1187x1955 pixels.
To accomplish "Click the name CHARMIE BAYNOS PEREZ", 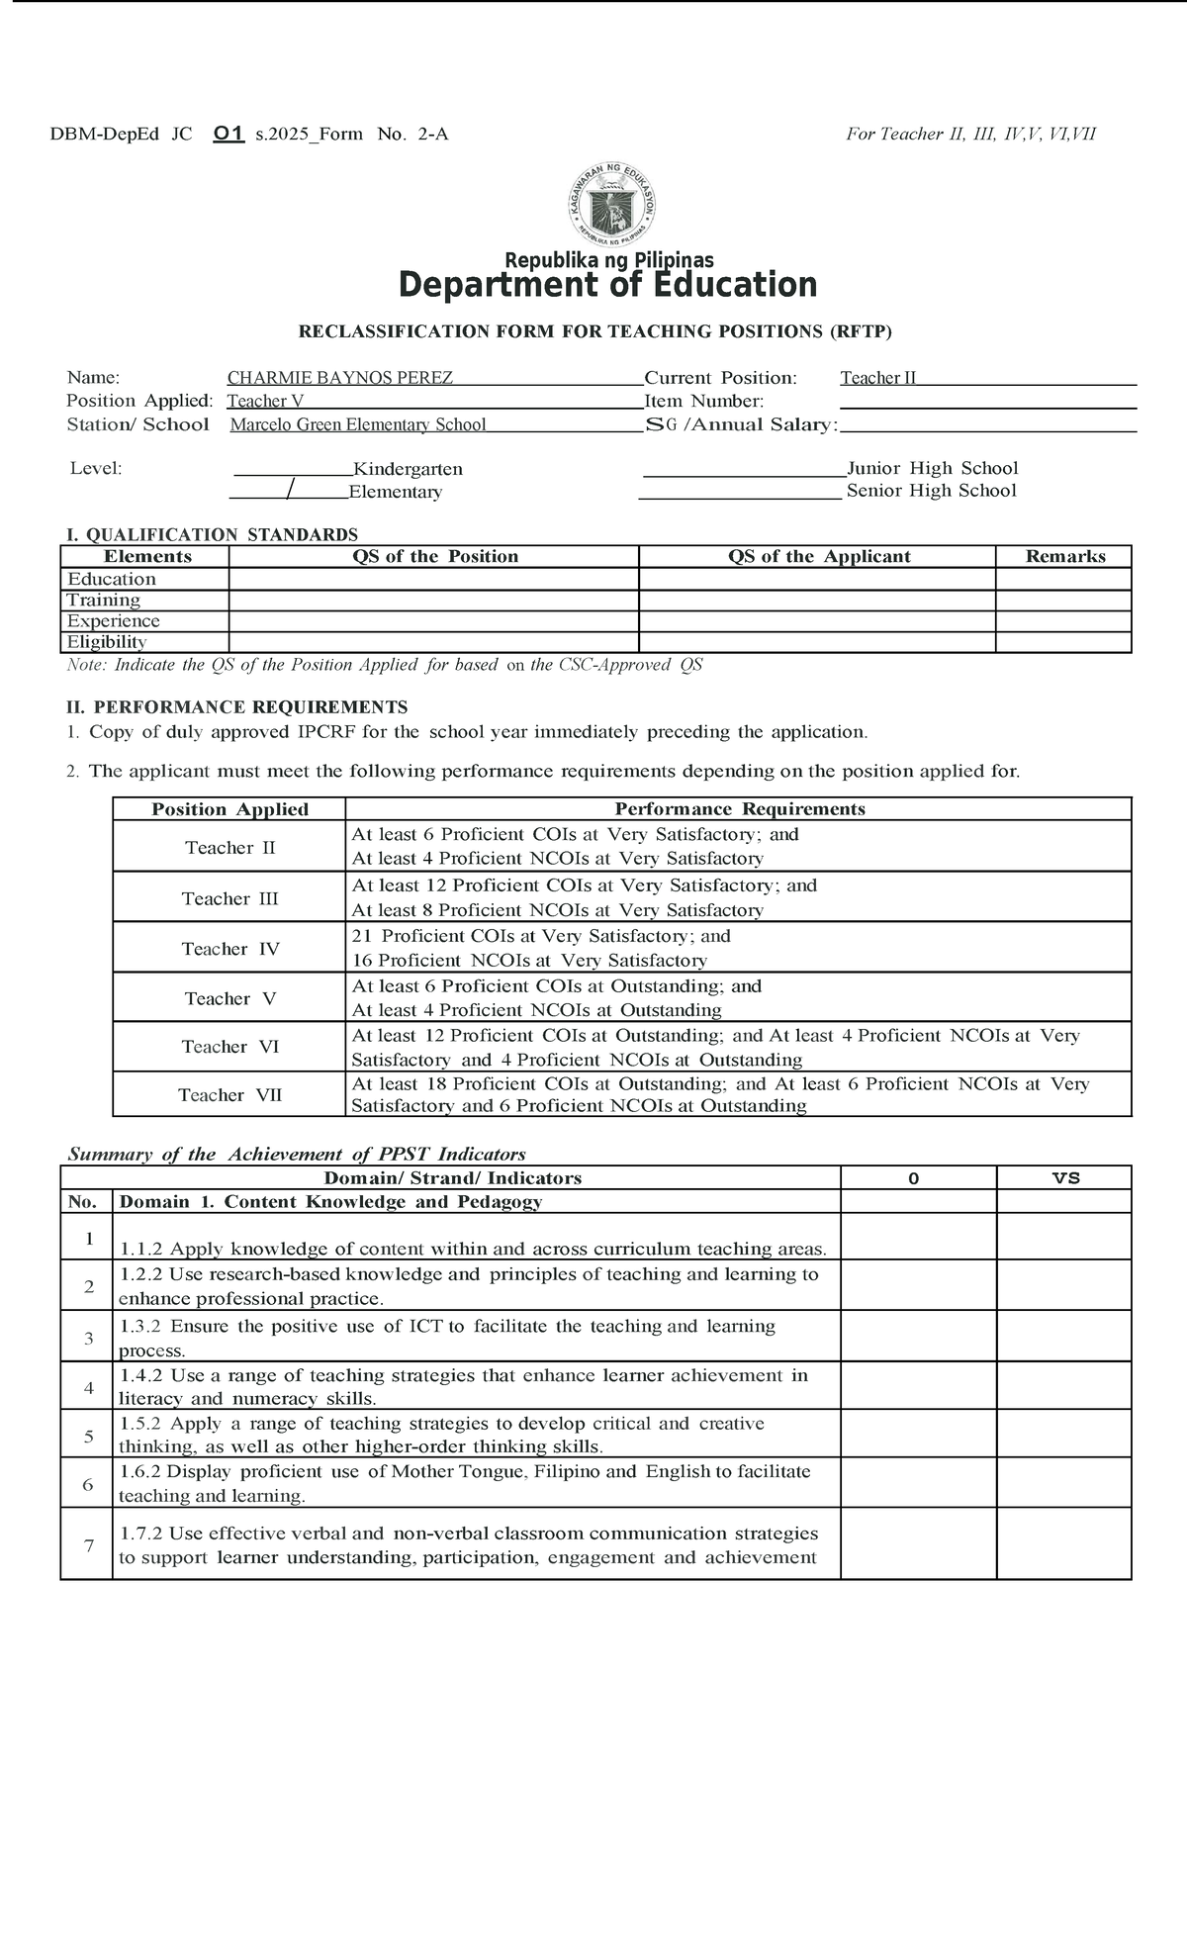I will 340,378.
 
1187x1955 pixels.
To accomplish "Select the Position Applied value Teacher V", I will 265,402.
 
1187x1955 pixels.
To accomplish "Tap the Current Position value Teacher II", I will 878,378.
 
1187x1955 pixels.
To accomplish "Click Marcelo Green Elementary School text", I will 358,425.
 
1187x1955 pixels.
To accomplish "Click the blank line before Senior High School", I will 740,492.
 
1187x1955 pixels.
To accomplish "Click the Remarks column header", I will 1064,557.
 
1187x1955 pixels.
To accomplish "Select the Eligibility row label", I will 107,642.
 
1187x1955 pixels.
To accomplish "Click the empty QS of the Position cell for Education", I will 433,580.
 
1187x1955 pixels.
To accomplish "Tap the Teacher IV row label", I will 230,949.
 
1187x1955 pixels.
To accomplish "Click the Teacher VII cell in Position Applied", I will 230,1095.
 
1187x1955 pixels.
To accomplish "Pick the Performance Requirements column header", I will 739,809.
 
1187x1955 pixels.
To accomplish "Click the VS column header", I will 1065,1178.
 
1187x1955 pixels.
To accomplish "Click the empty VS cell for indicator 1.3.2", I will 1063,1338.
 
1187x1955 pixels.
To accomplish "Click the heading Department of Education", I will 607,285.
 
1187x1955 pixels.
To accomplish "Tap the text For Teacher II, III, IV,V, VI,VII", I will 970,135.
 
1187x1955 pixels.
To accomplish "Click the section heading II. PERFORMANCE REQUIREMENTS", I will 236,707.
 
